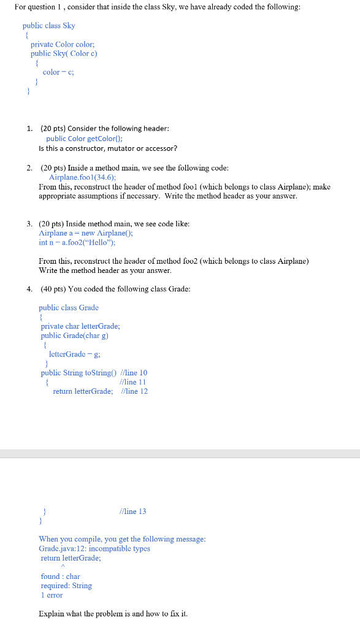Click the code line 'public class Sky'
point(48,26)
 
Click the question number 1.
point(29,128)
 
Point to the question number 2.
point(29,167)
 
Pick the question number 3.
point(29,224)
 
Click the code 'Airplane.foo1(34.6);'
point(82,177)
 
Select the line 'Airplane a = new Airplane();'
point(86,233)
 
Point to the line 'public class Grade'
point(68,307)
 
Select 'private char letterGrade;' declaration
point(79,326)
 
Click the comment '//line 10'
point(134,372)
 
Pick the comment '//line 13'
point(133,511)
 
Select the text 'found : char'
point(60,576)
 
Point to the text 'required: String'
point(66,586)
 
